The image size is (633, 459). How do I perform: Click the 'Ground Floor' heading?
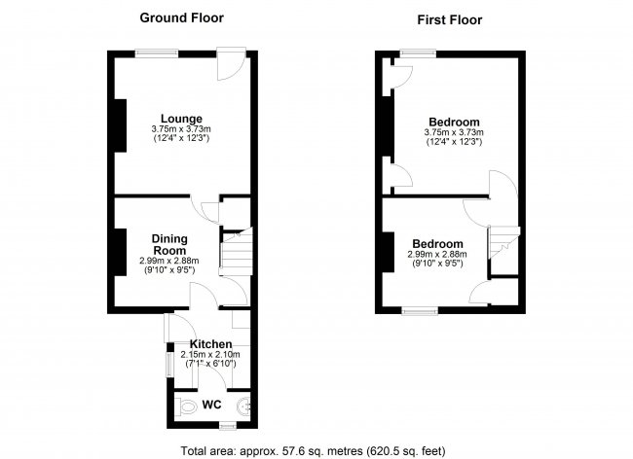(x=181, y=18)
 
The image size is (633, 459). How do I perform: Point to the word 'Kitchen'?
(x=210, y=344)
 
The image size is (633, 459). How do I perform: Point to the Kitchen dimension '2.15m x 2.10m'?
(x=210, y=355)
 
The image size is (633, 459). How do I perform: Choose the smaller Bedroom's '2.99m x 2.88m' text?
(x=436, y=255)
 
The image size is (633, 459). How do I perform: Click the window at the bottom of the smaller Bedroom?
(x=421, y=311)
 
